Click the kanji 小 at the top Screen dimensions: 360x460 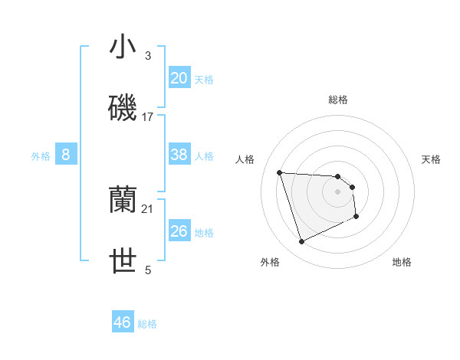pyautogui.click(x=123, y=47)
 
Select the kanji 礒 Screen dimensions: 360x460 pyautogui.click(x=123, y=108)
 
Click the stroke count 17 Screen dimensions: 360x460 pyautogui.click(x=148, y=117)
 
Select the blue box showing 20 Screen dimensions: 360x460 pyautogui.click(x=179, y=78)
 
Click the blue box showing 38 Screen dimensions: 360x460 pyautogui.click(x=179, y=155)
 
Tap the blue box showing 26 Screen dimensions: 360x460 pyautogui.click(x=179, y=231)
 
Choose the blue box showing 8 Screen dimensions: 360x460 pyautogui.click(x=66, y=155)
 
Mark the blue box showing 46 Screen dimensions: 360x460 pyautogui.click(x=123, y=322)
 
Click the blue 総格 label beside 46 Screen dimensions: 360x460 pyautogui.click(x=147, y=324)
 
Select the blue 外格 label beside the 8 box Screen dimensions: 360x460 pyautogui.click(x=41, y=156)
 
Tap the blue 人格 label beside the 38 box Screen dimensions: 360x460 pyautogui.click(x=204, y=156)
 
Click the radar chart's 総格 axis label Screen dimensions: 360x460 pyautogui.click(x=338, y=100)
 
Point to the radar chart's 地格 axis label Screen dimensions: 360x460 pyautogui.click(x=402, y=262)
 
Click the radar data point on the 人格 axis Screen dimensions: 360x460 pyautogui.click(x=280, y=172)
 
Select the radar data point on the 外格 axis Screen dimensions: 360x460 pyautogui.click(x=301, y=242)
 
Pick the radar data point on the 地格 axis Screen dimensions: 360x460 pyautogui.click(x=356, y=217)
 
